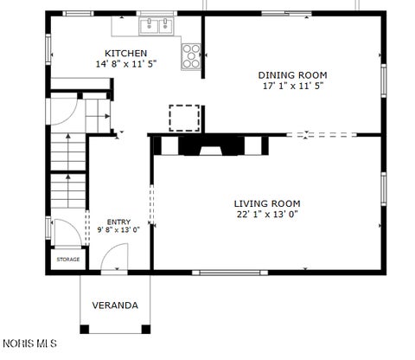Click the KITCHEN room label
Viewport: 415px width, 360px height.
pos(125,54)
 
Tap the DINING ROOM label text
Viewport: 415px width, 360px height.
pos(292,75)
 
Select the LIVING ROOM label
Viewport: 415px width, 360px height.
pos(267,204)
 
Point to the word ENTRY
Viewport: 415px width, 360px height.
pos(118,222)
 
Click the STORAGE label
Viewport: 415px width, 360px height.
pos(68,260)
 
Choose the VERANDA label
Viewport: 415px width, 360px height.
pos(115,305)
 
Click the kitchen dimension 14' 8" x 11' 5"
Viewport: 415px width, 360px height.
pos(126,64)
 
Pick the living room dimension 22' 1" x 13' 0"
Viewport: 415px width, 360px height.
pos(267,215)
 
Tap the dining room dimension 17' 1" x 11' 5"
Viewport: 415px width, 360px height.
pos(293,86)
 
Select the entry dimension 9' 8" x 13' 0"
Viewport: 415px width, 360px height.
pos(118,230)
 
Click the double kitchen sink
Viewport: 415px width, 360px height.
pos(156,26)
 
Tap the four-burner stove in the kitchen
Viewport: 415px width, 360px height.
pos(191,56)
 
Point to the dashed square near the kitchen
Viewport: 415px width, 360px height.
pos(184,118)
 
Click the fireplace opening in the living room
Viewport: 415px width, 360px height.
pos(211,151)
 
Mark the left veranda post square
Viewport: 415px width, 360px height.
pos(85,329)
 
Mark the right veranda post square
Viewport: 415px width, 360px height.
pos(146,329)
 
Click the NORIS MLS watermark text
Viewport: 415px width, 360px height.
pos(29,344)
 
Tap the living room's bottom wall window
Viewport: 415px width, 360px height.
pos(230,273)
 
